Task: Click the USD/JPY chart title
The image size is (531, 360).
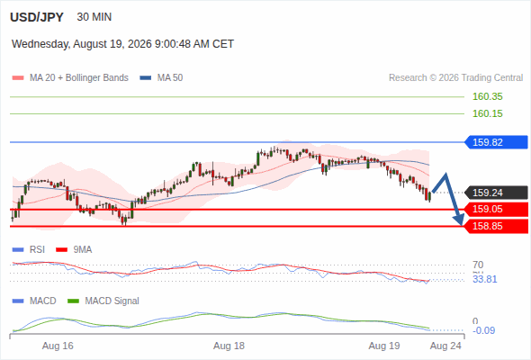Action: tap(37, 17)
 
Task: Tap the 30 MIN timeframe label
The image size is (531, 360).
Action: tap(94, 17)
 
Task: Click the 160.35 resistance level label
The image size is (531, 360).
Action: tap(487, 96)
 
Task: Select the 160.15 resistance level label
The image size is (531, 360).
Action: tap(487, 113)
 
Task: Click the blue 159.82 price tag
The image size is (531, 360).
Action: tap(497, 142)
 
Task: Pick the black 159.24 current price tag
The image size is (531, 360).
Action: tap(497, 193)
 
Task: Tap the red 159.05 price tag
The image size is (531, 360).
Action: tap(497, 210)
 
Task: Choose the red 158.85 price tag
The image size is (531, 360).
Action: tap(497, 226)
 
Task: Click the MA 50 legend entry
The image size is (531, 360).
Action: tap(161, 78)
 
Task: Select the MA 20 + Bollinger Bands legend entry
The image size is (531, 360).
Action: tap(70, 78)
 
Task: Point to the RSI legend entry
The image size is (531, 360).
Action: tap(29, 249)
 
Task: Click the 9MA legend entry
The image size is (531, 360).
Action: tap(74, 249)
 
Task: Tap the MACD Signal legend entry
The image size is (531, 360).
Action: tap(103, 301)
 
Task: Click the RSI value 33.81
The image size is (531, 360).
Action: tap(484, 279)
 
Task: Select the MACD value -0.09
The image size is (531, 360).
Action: tap(483, 330)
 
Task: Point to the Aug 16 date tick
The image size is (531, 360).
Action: tap(58, 346)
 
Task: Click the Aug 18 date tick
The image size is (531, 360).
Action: tap(229, 346)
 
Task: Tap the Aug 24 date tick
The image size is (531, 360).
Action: tap(445, 346)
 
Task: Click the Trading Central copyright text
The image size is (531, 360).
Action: tap(455, 78)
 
